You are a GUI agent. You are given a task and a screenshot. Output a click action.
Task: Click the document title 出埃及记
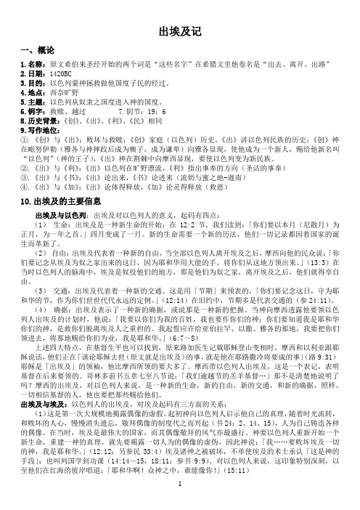(x=179, y=31)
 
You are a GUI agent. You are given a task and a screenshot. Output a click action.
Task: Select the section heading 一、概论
(x=33, y=50)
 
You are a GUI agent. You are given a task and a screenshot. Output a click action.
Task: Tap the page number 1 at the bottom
(x=179, y=501)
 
